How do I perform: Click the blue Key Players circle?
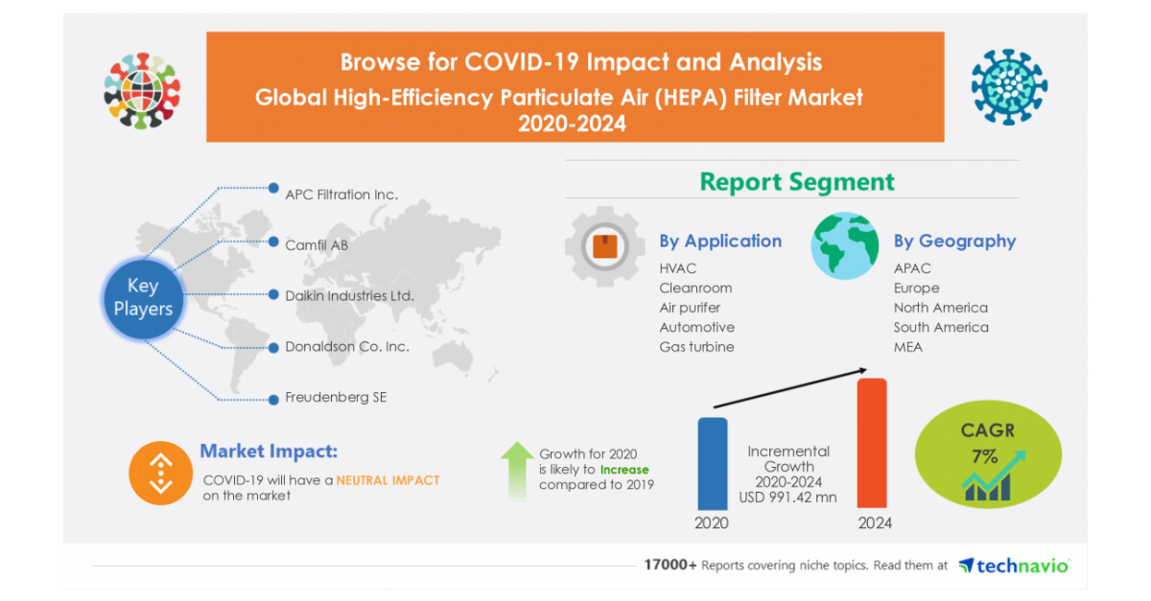pos(143,298)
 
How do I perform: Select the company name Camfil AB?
pos(316,245)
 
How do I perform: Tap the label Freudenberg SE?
pos(336,397)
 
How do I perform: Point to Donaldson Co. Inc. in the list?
pos(346,347)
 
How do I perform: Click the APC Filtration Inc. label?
pos(341,195)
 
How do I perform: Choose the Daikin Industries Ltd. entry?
pos(349,296)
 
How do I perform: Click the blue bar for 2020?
pos(712,463)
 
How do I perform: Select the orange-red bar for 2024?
pos(871,443)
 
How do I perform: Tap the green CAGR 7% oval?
pos(988,455)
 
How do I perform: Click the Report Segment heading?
pos(796,181)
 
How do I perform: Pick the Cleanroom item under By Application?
pos(695,289)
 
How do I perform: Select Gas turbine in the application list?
pos(696,347)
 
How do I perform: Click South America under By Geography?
pos(940,328)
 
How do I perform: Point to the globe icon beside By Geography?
pos(844,246)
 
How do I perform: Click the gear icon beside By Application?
pos(604,247)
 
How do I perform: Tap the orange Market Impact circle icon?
pos(160,473)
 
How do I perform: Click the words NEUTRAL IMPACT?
pos(388,480)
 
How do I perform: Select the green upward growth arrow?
pos(517,469)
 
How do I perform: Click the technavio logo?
pos(1014,566)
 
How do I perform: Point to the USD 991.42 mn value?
pos(788,498)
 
